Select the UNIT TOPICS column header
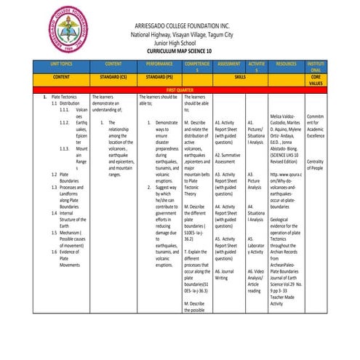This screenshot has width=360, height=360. click(62, 65)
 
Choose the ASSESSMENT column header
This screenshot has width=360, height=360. click(229, 65)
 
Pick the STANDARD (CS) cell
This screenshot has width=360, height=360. click(113, 76)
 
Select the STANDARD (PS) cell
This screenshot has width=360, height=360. click(159, 76)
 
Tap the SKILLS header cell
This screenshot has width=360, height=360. click(240, 76)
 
